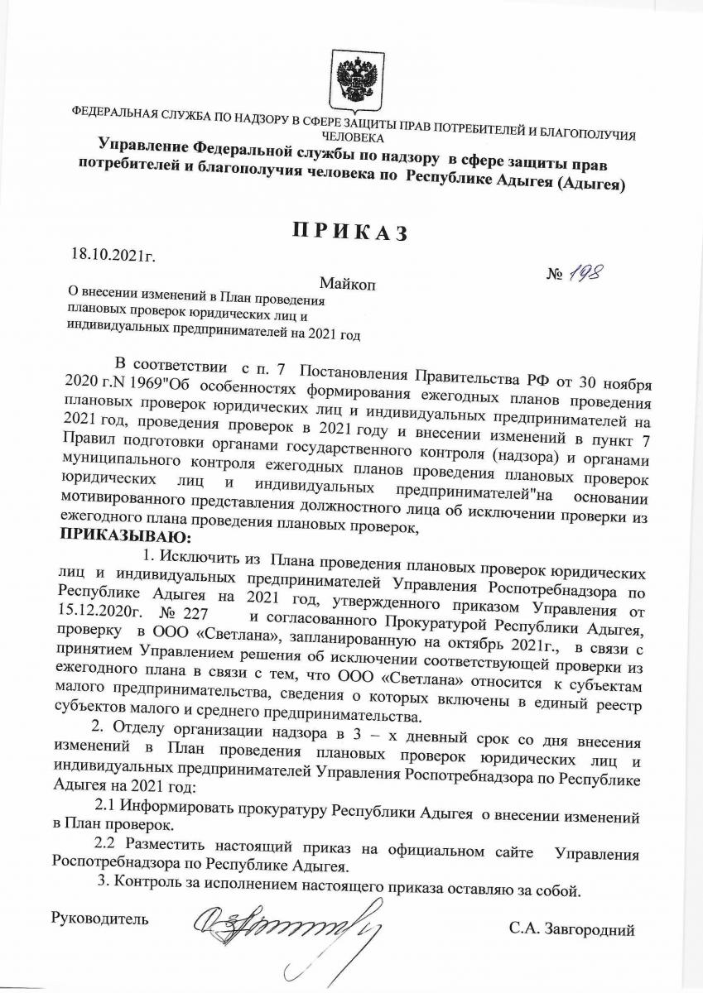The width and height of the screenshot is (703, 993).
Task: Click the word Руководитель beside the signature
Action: (100, 918)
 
